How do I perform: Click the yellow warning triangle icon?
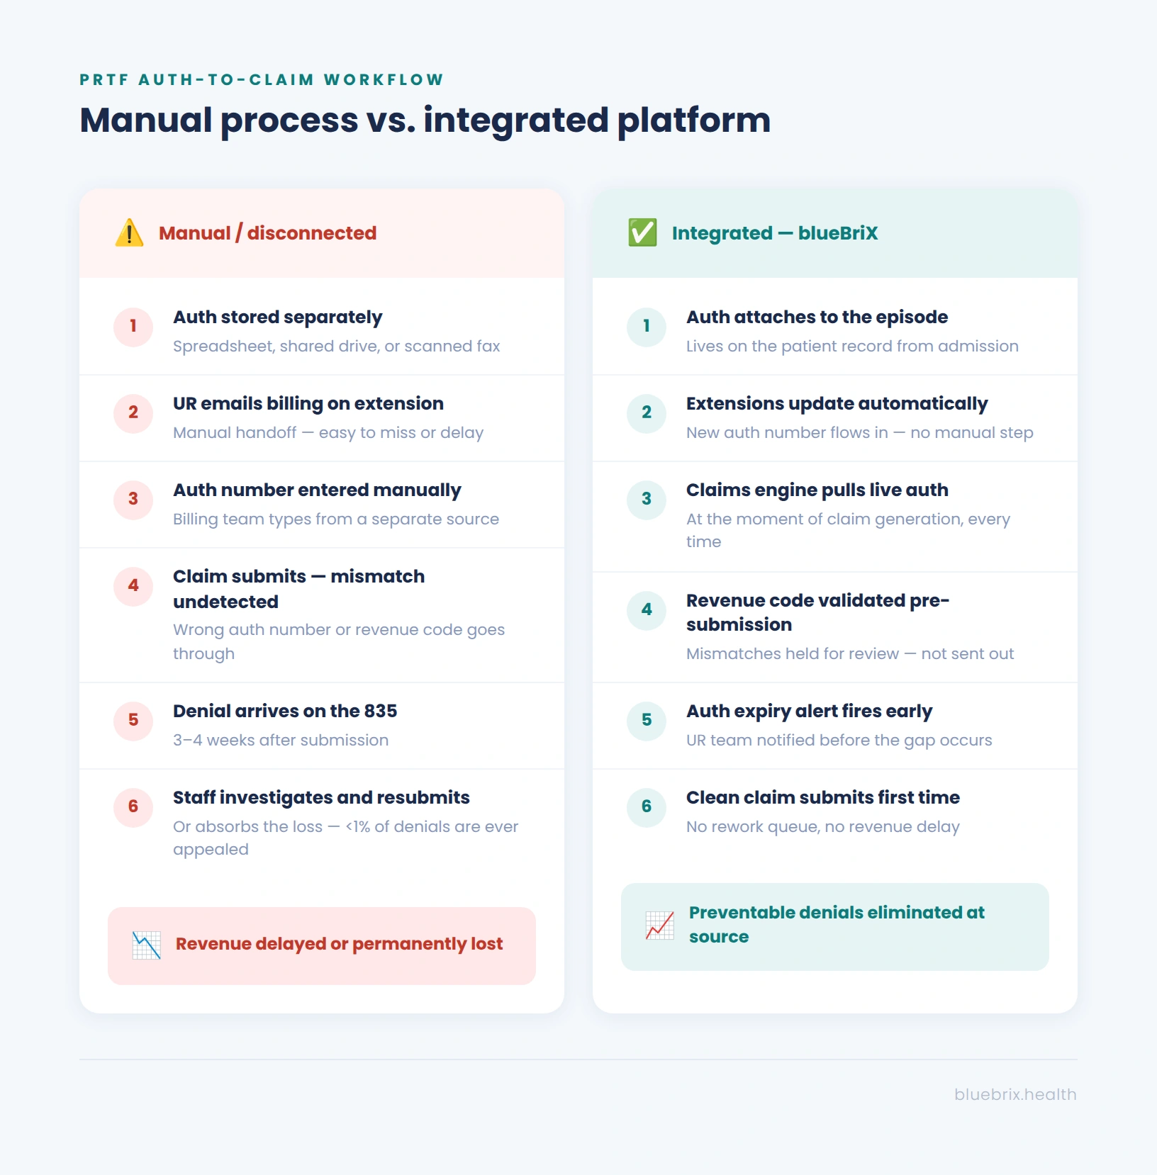(130, 232)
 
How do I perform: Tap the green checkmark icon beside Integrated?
(642, 232)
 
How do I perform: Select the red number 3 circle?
(133, 499)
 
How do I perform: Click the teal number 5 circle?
(647, 720)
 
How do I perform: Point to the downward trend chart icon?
(147, 945)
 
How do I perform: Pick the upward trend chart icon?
(660, 926)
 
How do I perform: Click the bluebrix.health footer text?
(1015, 1094)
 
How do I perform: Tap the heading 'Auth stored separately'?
(278, 317)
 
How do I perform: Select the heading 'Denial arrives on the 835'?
(285, 711)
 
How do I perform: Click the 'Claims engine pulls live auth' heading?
(817, 490)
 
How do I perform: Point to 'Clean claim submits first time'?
(823, 797)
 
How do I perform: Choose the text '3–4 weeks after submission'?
(281, 740)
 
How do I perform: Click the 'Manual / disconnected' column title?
(268, 233)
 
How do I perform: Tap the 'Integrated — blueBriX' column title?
(775, 233)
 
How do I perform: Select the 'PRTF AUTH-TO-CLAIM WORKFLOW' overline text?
(262, 79)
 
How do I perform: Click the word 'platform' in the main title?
(694, 120)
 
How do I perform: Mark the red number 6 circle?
(133, 806)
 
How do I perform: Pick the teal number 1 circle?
(647, 326)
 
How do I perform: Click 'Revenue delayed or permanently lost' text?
(340, 944)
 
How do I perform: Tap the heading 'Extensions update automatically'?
(837, 404)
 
